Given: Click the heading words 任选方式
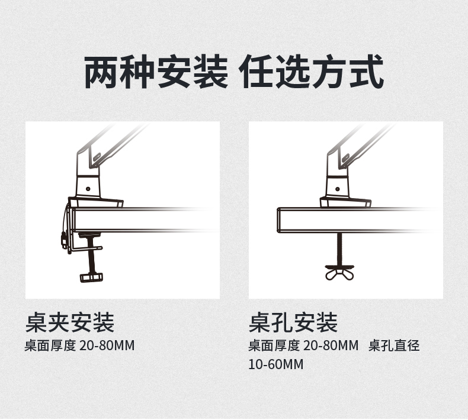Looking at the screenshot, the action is click(x=312, y=72).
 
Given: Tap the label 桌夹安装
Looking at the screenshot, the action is click(x=70, y=323).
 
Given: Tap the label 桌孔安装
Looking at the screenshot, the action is click(x=293, y=323).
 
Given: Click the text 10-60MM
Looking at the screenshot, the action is click(x=275, y=364).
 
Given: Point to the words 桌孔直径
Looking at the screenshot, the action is click(x=394, y=345).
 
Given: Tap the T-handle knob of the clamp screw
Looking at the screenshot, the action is click(x=90, y=277).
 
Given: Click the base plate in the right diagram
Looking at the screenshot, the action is click(x=344, y=202).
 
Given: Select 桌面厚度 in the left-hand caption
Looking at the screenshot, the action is click(x=50, y=345).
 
